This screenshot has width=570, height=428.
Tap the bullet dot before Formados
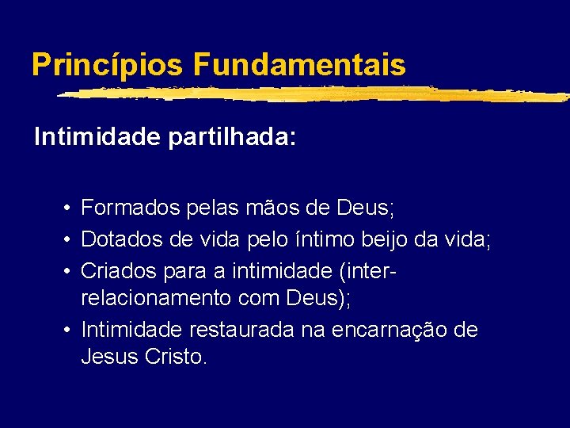70,210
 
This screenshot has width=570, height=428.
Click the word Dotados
119,239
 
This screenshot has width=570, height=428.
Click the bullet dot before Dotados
70,239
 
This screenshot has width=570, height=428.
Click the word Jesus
110,357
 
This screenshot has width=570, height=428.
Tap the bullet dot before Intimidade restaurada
70,329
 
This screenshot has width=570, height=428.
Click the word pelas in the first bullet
210,209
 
